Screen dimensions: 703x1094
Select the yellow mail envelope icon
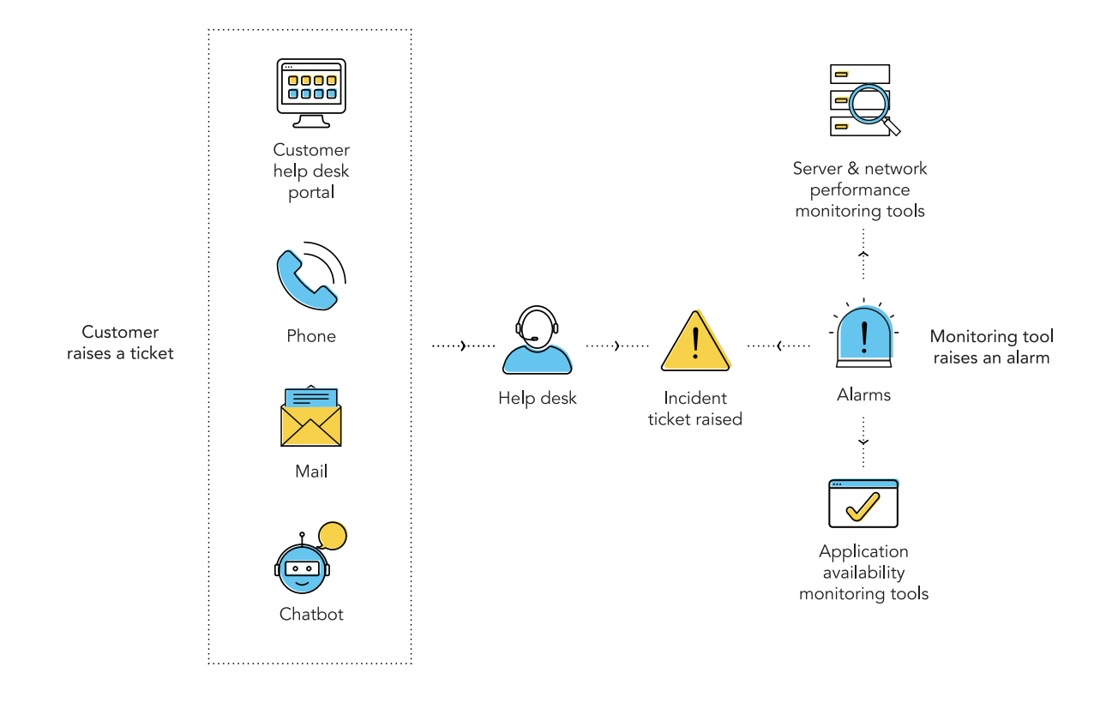pyautogui.click(x=311, y=418)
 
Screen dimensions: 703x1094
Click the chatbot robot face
pyautogui.click(x=302, y=568)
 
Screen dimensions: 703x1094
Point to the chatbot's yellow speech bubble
pyautogui.click(x=332, y=537)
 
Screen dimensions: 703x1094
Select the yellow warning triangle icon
pyautogui.click(x=695, y=342)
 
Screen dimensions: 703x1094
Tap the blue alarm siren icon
pyautogui.click(x=863, y=335)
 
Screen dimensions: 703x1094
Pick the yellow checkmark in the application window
pyautogui.click(x=863, y=507)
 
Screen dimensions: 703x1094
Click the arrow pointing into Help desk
pyautogui.click(x=463, y=345)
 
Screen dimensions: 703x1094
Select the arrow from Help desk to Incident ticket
pyautogui.click(x=616, y=345)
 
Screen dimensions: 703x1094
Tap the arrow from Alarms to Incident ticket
pyautogui.click(x=778, y=345)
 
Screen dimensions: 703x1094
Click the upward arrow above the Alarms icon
pyautogui.click(x=863, y=255)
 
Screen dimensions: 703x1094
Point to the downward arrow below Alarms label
pyautogui.click(x=863, y=441)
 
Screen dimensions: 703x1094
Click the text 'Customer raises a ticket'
pyautogui.click(x=120, y=343)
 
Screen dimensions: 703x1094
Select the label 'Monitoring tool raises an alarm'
pyautogui.click(x=991, y=347)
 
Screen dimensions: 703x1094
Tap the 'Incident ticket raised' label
pyautogui.click(x=695, y=409)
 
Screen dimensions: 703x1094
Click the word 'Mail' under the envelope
pyautogui.click(x=311, y=472)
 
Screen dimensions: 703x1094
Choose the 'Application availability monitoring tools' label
pyautogui.click(x=863, y=573)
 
